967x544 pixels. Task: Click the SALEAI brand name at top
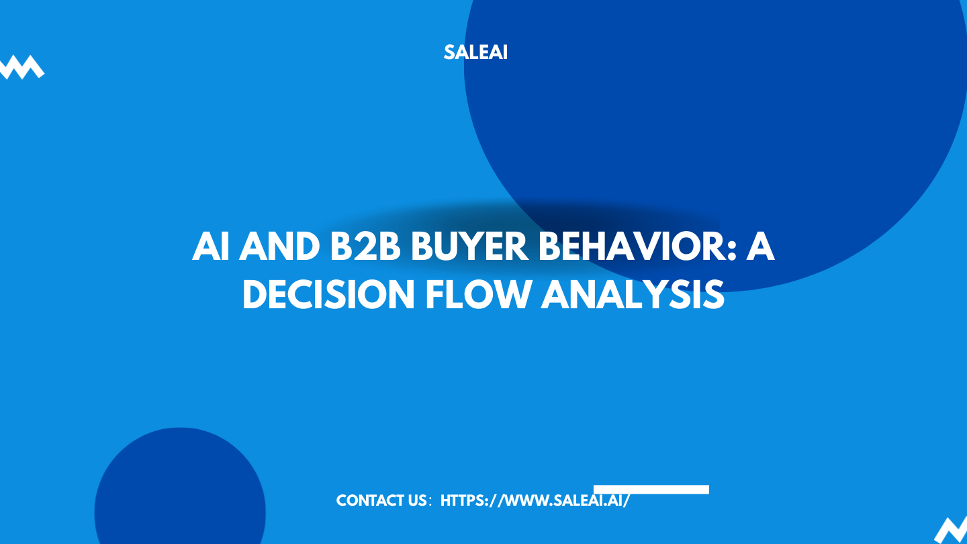(x=475, y=52)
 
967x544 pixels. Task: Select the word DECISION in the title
(x=329, y=296)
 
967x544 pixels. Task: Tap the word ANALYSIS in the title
(x=633, y=296)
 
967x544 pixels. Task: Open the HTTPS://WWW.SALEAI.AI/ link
(x=535, y=501)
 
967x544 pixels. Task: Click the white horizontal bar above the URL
(x=651, y=490)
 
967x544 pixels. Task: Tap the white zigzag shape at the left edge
(x=20, y=67)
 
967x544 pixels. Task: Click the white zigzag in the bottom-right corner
(x=952, y=530)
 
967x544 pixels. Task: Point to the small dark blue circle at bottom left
(x=179, y=490)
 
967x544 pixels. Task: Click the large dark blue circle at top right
(x=739, y=101)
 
